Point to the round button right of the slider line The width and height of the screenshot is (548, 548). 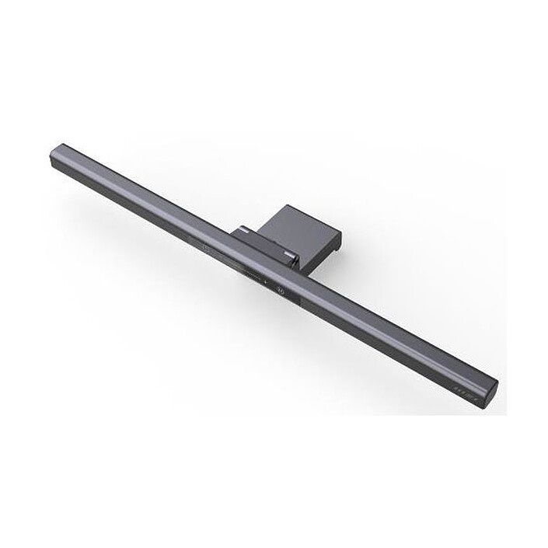click(x=281, y=293)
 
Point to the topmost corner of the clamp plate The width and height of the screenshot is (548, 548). click(x=285, y=206)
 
